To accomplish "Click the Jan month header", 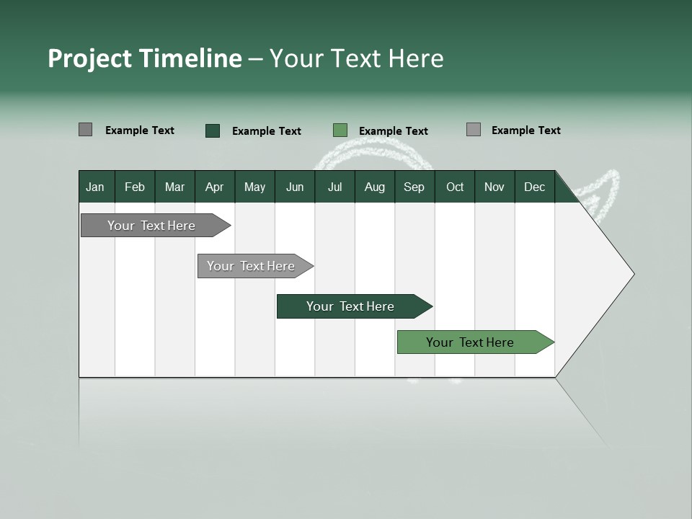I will [x=95, y=187].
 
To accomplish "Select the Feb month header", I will [x=135, y=187].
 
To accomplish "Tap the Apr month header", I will [x=214, y=187].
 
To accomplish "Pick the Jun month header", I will [x=295, y=187].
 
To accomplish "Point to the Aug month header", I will [x=374, y=187].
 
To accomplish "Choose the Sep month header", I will [x=414, y=187].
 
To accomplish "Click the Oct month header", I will [x=455, y=187].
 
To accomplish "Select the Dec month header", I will [x=534, y=187].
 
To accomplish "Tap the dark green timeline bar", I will [x=351, y=306].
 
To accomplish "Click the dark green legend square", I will [x=213, y=130].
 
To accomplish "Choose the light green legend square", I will [x=340, y=130].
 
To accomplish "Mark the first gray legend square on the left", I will [x=85, y=130].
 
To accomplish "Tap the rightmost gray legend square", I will [x=474, y=130].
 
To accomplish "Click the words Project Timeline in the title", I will [x=144, y=58].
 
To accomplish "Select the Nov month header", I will [x=494, y=187].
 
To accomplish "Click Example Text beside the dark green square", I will [x=267, y=131].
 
